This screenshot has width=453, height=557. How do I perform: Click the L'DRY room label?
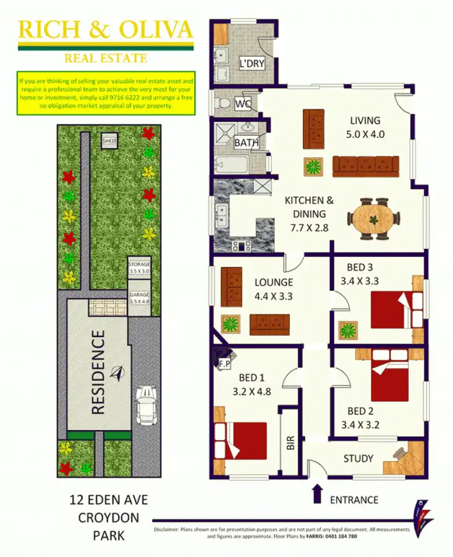point(252,64)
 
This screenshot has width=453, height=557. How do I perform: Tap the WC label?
point(243,104)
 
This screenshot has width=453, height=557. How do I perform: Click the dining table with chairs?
point(374,213)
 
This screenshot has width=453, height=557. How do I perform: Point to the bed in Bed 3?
point(396,309)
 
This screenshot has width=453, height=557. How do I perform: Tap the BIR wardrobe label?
point(290,444)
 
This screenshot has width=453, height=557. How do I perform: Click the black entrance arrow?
point(316,493)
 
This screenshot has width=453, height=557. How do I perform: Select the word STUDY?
point(358,459)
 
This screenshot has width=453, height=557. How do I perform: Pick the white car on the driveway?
point(145,406)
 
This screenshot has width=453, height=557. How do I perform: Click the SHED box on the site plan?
point(109,141)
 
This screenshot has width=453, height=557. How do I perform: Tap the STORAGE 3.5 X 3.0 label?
point(139,268)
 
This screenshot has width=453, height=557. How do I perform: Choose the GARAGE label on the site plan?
point(139,298)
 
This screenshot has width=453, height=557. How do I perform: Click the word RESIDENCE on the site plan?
point(98,372)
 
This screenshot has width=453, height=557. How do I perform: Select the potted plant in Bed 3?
point(348,330)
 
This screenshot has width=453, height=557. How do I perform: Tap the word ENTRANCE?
point(354,500)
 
